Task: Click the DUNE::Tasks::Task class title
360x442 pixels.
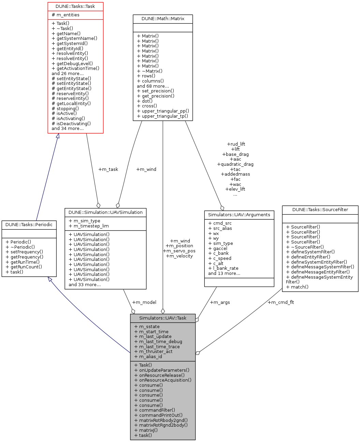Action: pyautogui.click(x=75, y=6)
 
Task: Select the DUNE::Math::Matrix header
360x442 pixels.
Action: pyautogui.click(x=163, y=19)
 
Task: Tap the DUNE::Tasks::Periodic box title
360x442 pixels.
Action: pyautogui.click(x=29, y=225)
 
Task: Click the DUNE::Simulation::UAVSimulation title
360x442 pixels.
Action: pyautogui.click(x=105, y=212)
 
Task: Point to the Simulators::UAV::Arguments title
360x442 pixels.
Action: pyautogui.click(x=239, y=215)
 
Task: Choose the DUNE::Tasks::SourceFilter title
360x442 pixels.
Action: pyautogui.click(x=320, y=210)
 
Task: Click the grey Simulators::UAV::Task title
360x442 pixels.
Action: pyautogui.click(x=163, y=318)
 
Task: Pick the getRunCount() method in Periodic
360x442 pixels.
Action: pyautogui.click(x=24, y=267)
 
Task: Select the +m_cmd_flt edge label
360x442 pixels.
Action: pyautogui.click(x=281, y=303)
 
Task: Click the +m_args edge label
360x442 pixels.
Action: pyautogui.click(x=220, y=303)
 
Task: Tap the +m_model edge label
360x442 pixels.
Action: pyautogui.click(x=144, y=303)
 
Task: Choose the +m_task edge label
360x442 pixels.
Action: pyautogui.click(x=108, y=170)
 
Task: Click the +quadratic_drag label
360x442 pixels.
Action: pyautogui.click(x=235, y=164)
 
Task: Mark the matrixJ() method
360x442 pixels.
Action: pyautogui.click(x=146, y=430)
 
